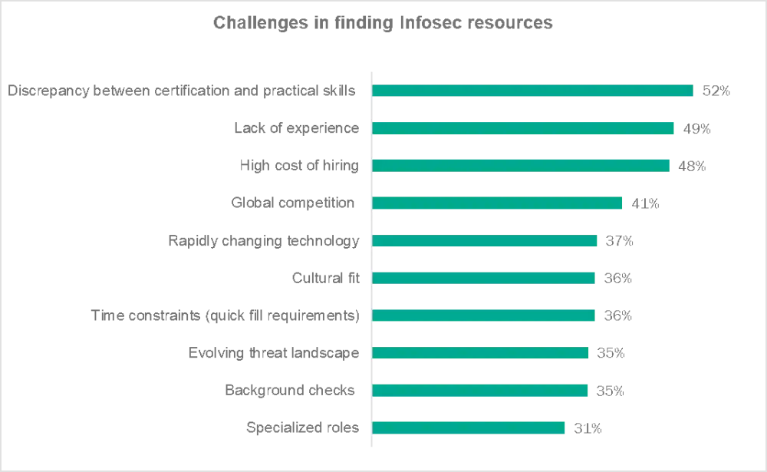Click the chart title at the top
pos(383,24)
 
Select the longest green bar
pos(532,90)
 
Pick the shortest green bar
pos(469,427)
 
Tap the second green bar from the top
pos(523,127)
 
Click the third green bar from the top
pos(521,165)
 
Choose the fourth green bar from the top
pos(498,203)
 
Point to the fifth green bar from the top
pos(485,240)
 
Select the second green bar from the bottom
pos(480,390)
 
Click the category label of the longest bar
pos(181,90)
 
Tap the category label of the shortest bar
pos(302,427)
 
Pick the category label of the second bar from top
pos(296,127)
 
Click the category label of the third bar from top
pos(299,165)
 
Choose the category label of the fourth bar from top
pos(291,203)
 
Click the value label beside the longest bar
pos(714,90)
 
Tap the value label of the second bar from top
pos(696,128)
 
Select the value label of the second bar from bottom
pos(610,390)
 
